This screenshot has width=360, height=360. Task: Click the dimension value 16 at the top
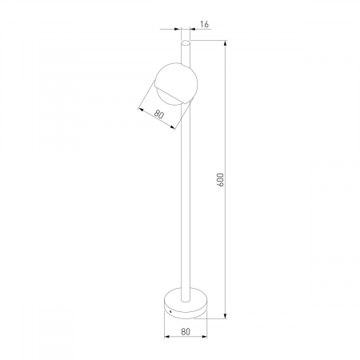[204, 24]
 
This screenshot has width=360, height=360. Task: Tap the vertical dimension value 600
[221, 180]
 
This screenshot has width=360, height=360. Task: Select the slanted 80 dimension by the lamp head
[158, 114]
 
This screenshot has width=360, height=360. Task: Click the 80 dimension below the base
[186, 332]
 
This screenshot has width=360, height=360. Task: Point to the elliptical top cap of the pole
[186, 42]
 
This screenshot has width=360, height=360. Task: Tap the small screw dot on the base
[170, 311]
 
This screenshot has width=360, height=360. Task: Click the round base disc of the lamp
[186, 303]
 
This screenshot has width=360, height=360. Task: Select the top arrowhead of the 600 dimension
[226, 43]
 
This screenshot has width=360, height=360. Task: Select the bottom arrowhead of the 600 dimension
[226, 315]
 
